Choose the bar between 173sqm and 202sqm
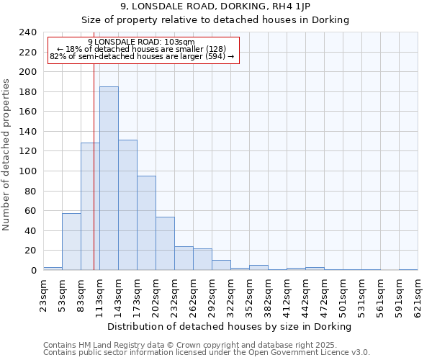[146, 223]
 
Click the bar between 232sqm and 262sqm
[184, 258]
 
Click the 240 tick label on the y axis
[27, 32]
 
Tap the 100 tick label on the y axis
[27, 171]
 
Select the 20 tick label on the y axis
[30, 251]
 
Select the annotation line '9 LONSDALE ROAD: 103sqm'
[141, 42]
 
